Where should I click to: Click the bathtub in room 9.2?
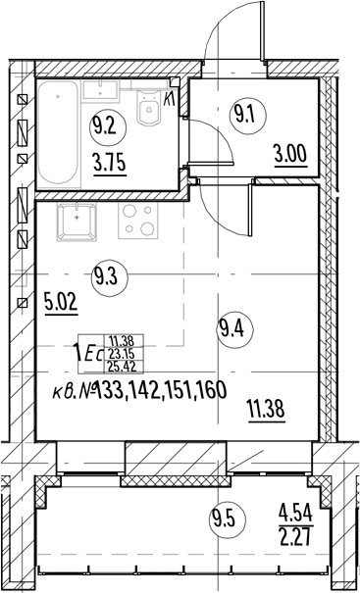coord(59,133)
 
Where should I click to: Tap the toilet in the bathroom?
coord(148,108)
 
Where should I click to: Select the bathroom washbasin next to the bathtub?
coord(101,91)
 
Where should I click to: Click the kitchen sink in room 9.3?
coord(77,222)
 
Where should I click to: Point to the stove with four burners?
coord(137,221)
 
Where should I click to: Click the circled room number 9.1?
coord(248,115)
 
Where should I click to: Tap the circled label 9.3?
coord(110,278)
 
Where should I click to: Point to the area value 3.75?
coord(110,166)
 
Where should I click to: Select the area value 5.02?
coord(61,303)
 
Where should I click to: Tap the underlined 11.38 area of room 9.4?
coord(266,411)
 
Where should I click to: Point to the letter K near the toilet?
coord(169,99)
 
